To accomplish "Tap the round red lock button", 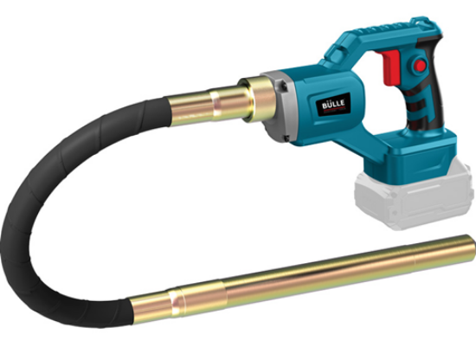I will (420, 65).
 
